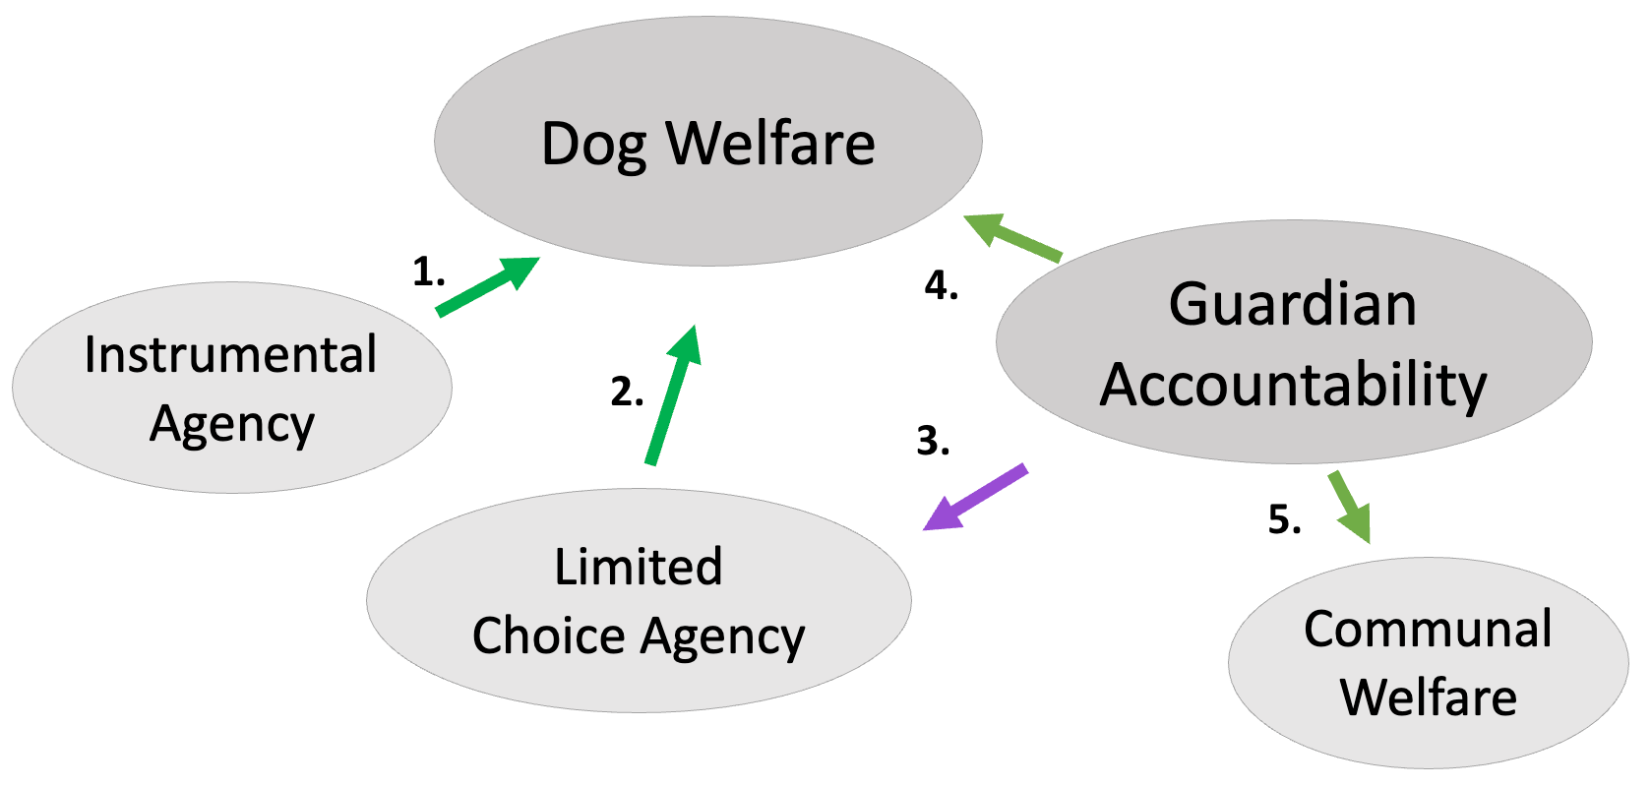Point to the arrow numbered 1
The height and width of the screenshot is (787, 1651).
487,286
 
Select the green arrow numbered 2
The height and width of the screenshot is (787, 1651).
672,395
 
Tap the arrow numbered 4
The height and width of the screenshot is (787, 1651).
1012,237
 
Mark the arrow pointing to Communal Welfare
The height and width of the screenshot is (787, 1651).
1349,507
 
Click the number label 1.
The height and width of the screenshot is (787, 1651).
428,272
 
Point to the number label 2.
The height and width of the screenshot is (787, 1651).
627,392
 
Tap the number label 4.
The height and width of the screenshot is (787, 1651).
941,285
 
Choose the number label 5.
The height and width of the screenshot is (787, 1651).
1284,518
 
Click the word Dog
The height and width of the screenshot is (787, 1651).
594,145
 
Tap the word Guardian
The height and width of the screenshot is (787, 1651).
1293,304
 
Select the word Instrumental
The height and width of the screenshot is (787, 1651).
230,354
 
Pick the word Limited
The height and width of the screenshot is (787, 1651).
638,567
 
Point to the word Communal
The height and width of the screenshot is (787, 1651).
1428,629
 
